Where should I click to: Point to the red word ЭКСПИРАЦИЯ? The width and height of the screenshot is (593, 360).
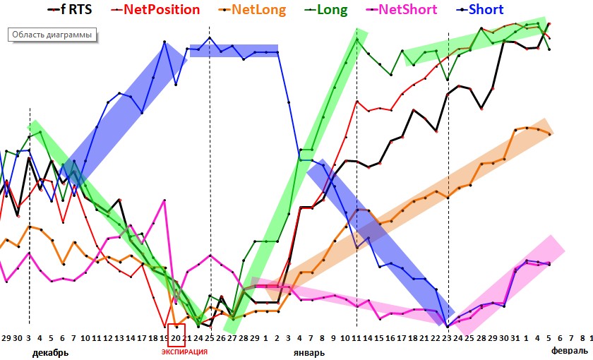click(x=184, y=352)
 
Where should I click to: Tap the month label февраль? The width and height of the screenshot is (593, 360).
click(x=569, y=351)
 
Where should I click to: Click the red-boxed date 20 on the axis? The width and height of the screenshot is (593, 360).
click(x=176, y=338)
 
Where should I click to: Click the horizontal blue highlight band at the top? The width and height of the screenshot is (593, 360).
click(x=234, y=51)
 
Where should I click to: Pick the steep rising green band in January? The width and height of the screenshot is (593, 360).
click(x=296, y=176)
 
